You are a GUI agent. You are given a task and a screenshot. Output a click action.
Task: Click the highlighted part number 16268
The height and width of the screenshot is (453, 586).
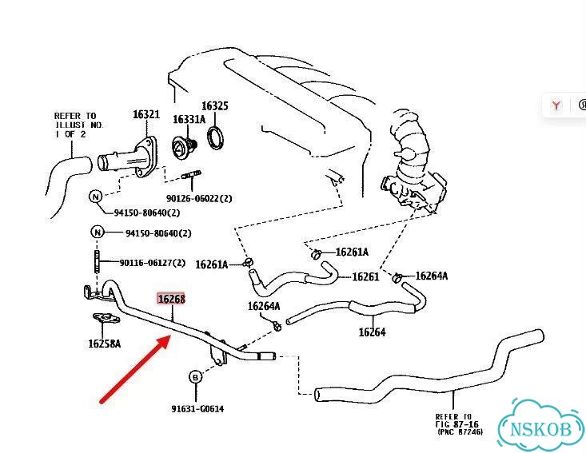click(171, 299)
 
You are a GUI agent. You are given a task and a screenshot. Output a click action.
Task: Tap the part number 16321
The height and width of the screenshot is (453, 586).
click(146, 114)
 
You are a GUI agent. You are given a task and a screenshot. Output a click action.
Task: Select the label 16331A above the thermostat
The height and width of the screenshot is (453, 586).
click(189, 119)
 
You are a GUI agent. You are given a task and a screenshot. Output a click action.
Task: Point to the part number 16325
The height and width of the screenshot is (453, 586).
click(215, 105)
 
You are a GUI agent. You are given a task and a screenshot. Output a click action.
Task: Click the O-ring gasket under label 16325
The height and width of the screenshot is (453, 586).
click(216, 138)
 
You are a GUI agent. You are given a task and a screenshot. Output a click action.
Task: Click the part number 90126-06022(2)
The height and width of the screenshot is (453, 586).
click(199, 198)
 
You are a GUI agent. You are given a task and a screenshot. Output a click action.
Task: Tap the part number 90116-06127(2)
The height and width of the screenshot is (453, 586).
click(153, 263)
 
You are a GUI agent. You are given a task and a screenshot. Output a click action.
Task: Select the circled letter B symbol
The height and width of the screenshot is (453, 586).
click(195, 377)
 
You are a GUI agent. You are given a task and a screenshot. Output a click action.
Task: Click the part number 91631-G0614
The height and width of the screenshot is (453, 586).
click(197, 409)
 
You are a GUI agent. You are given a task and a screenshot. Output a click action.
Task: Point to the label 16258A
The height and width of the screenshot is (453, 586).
click(104, 344)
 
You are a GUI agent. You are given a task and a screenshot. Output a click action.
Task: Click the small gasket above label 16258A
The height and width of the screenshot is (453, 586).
click(106, 319)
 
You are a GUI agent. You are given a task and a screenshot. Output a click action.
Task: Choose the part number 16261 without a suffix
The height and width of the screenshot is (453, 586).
click(365, 276)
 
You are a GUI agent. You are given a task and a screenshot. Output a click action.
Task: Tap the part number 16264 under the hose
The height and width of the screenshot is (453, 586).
click(372, 332)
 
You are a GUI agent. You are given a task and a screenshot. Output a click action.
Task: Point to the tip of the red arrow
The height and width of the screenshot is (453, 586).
click(171, 336)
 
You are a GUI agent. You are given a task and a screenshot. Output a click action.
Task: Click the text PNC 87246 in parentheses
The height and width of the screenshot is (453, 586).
click(460, 432)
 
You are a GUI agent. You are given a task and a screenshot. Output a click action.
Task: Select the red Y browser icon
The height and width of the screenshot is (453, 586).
click(556, 105)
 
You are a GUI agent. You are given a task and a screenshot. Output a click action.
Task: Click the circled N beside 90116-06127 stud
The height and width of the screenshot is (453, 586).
click(98, 232)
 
